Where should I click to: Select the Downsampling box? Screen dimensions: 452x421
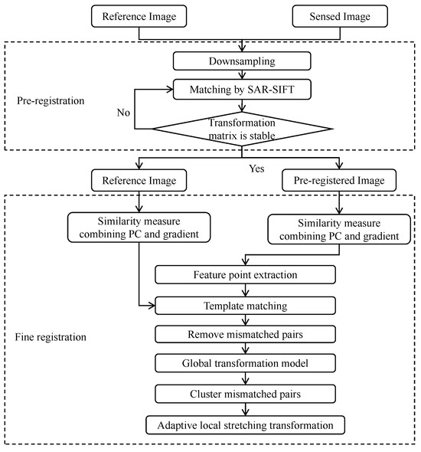(243, 59)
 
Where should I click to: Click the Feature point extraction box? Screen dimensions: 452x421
(245, 274)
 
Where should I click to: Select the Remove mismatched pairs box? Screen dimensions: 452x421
(245, 334)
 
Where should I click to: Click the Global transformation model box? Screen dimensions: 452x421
(245, 363)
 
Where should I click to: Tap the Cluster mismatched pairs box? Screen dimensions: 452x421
(245, 393)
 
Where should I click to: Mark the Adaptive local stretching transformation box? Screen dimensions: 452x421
(245, 423)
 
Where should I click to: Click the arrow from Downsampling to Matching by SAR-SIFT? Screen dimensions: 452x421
(243, 73)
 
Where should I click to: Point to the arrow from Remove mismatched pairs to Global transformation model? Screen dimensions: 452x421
(245, 349)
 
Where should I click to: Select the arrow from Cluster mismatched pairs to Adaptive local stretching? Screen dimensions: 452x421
(245, 408)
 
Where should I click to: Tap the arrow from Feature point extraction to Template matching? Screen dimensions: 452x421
(245, 289)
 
